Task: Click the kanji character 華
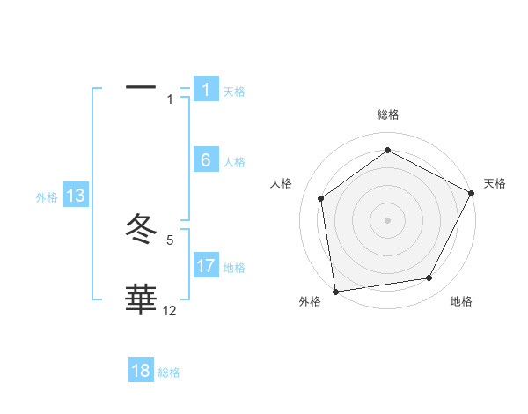click(x=141, y=299)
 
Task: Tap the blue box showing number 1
click(x=205, y=90)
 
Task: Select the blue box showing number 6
click(x=205, y=160)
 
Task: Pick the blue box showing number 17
click(x=205, y=265)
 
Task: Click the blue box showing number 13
click(x=75, y=196)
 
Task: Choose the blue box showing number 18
click(x=141, y=371)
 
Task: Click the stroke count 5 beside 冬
click(x=170, y=240)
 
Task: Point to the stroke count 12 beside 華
click(x=170, y=310)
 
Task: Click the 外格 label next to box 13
click(x=47, y=197)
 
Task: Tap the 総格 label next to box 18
click(x=169, y=373)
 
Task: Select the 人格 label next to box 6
click(x=234, y=162)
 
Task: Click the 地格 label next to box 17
click(x=234, y=267)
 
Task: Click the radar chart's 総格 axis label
click(x=388, y=115)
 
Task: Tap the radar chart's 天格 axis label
click(x=495, y=183)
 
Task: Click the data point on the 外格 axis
click(x=335, y=291)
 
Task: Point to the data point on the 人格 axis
click(x=321, y=198)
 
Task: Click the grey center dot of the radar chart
click(x=387, y=219)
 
